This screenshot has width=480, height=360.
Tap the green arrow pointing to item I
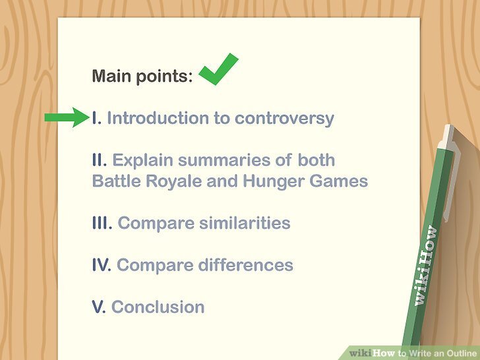66,119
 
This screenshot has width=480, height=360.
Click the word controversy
284,119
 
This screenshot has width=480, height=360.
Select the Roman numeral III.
102,223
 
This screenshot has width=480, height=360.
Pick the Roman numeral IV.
102,265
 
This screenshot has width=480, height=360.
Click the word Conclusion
158,307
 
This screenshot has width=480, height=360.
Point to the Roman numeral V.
99,307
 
